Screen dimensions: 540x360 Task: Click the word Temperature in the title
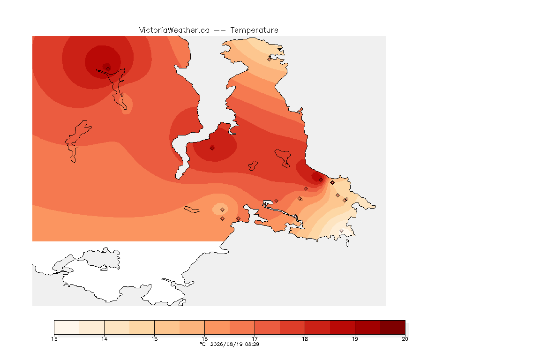point(254,30)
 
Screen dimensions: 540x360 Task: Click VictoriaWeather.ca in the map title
point(174,30)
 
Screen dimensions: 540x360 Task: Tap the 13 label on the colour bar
point(54,339)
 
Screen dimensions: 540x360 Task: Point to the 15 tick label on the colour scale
point(155,339)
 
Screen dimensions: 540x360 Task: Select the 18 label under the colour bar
point(305,339)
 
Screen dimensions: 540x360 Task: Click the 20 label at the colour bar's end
point(405,339)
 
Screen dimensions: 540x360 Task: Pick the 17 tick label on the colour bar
point(255,339)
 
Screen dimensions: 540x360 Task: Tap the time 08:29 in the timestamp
point(252,344)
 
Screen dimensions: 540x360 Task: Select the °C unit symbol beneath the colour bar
point(202,344)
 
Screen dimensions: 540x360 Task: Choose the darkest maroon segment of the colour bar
point(393,327)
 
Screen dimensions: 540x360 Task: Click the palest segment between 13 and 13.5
point(67,327)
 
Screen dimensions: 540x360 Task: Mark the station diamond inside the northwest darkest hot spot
point(108,68)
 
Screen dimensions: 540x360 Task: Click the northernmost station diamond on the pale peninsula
point(270,59)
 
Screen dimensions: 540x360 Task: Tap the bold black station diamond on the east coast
point(332,183)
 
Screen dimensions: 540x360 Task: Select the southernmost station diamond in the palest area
point(341,231)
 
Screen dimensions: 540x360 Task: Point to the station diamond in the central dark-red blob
point(212,148)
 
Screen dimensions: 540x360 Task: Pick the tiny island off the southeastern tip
point(347,243)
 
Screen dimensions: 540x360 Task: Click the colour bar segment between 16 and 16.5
point(217,327)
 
